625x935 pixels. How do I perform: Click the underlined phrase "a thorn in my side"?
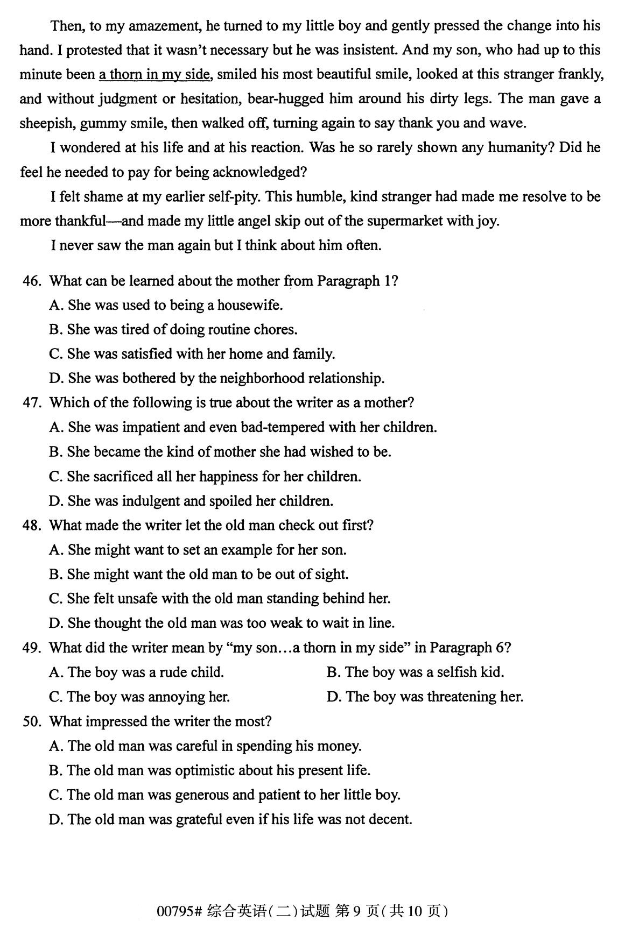tap(154, 74)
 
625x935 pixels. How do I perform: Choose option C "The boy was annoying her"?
tap(139, 697)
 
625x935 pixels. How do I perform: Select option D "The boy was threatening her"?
tap(425, 697)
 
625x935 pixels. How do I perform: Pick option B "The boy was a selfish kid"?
tap(415, 672)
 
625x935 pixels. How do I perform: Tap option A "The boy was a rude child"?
tap(136, 672)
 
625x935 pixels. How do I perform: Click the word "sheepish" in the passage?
tap(47, 123)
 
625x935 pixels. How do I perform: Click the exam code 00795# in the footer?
tap(179, 911)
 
